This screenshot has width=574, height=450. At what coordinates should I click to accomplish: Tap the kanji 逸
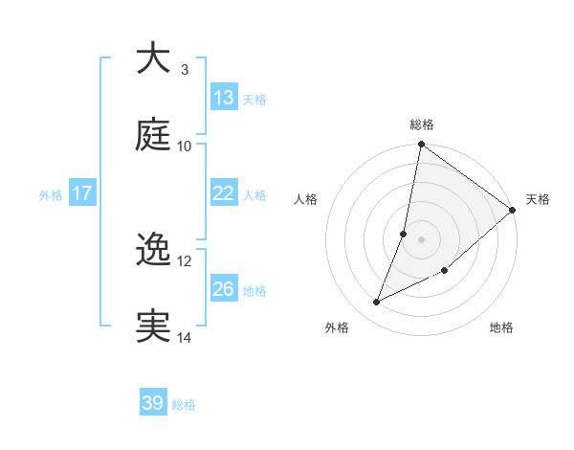(x=153, y=251)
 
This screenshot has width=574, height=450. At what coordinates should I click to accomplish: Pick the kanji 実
(x=153, y=326)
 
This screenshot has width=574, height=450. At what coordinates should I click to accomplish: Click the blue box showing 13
(x=224, y=98)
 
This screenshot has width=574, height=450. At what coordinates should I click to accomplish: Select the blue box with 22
(x=224, y=193)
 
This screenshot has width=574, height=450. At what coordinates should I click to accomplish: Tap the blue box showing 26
(x=224, y=289)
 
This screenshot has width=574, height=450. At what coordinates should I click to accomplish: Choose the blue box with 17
(x=82, y=193)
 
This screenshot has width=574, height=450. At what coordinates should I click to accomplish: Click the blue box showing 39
(x=153, y=403)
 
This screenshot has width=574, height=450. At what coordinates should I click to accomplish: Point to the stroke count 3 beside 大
(x=184, y=69)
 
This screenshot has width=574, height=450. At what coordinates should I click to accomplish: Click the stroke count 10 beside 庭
(x=185, y=146)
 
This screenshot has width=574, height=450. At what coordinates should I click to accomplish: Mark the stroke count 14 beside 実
(x=185, y=337)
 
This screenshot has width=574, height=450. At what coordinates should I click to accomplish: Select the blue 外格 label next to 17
(x=51, y=194)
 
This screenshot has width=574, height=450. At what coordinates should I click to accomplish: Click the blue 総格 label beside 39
(x=184, y=404)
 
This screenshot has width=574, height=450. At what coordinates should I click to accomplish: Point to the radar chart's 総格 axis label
(x=422, y=124)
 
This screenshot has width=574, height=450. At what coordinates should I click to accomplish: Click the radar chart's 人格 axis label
(x=306, y=199)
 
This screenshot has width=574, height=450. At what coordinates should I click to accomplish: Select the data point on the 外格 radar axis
(x=377, y=303)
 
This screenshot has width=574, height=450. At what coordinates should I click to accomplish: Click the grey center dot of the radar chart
(x=422, y=238)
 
